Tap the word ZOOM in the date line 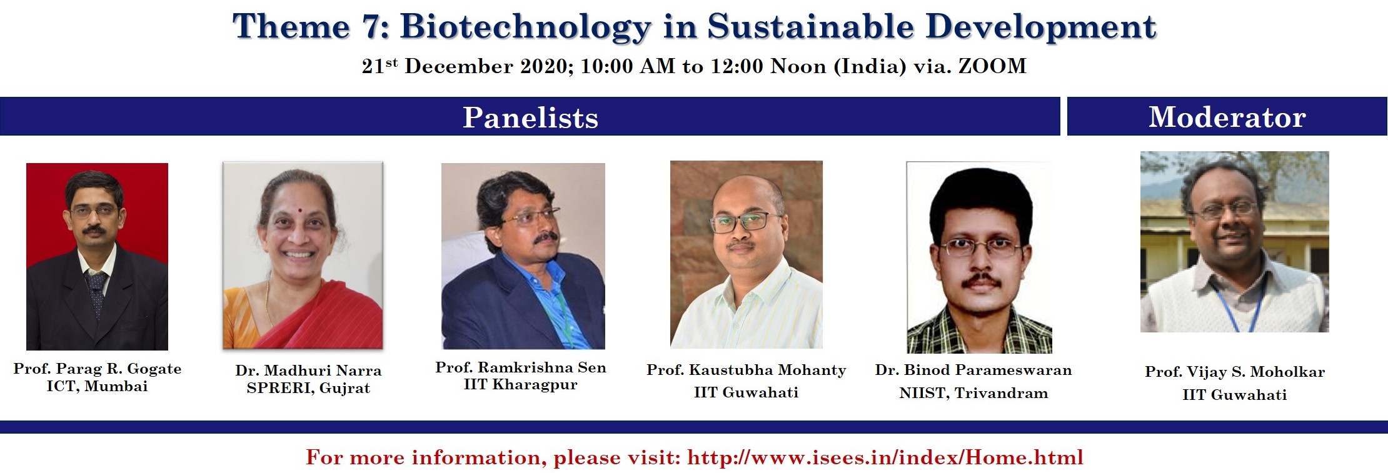pos(992,66)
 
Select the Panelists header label pos(530,117)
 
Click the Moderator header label pos(1227,117)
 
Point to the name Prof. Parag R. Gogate pos(98,369)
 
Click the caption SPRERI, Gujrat pos(308,388)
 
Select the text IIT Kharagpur pos(521,384)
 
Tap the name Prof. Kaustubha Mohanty pos(746,370)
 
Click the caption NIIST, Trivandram pos(973,393)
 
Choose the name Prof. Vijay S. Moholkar pos(1235,372)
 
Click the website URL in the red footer pos(885,457)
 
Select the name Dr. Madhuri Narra pos(308,371)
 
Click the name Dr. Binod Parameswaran pos(973,370)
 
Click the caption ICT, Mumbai pos(98,386)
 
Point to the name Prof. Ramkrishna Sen pos(521,367)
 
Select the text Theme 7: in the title pos(310,27)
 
